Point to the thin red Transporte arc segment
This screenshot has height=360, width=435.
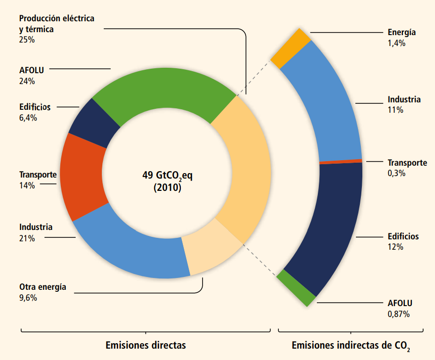341,161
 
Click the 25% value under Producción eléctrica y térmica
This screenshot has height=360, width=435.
27,40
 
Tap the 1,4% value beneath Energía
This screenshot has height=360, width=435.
397,43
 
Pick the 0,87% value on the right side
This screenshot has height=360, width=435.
399,314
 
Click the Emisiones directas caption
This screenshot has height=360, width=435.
146,345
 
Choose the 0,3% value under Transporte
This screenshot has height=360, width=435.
396,173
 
